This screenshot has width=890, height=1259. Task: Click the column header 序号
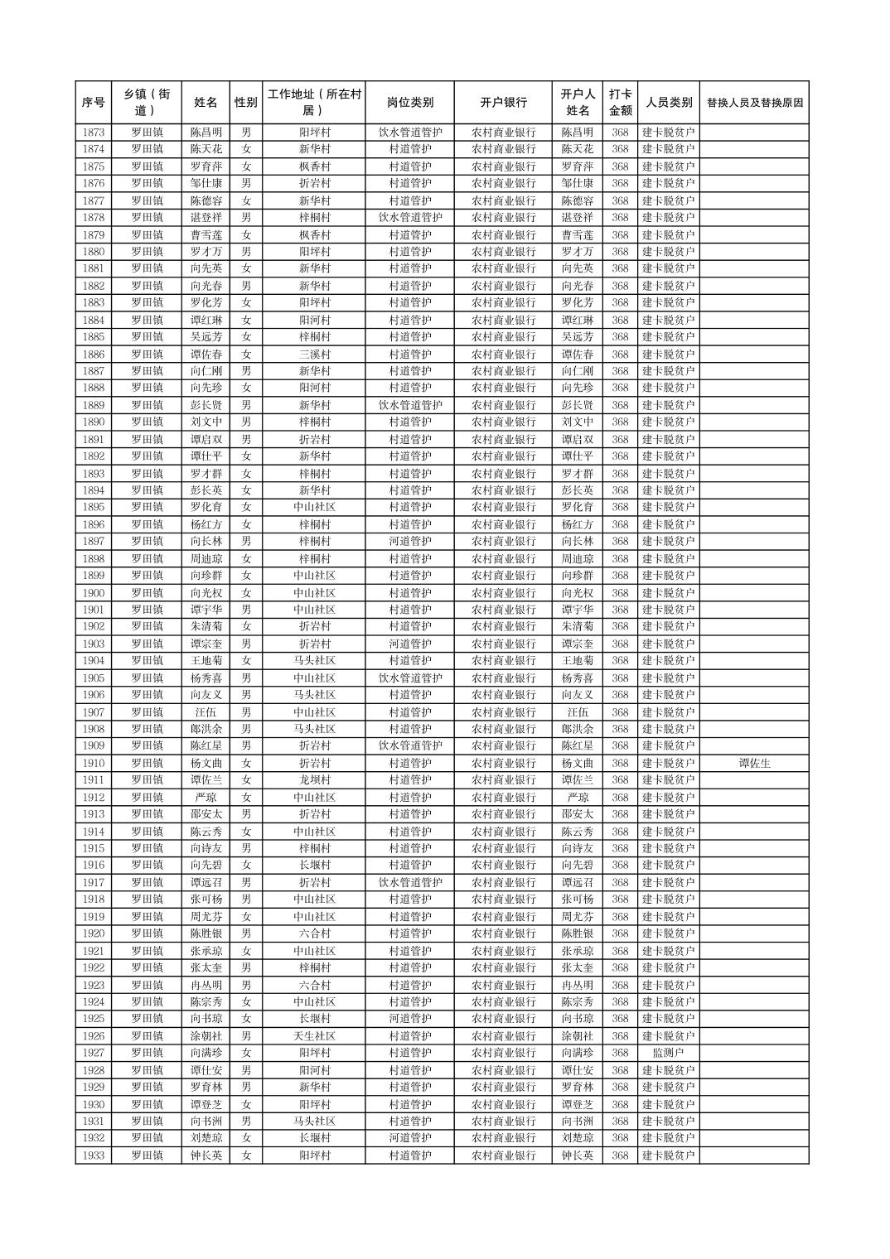point(94,103)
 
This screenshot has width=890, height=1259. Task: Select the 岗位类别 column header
point(409,103)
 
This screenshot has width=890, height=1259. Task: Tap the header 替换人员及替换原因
point(754,103)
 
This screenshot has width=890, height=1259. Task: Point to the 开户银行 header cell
point(503,103)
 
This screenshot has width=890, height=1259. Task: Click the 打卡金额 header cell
point(620,103)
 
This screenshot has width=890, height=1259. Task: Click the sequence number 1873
point(94,133)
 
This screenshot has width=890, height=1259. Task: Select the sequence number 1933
point(94,1155)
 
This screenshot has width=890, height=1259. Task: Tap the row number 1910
point(94,763)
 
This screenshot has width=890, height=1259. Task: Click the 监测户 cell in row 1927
point(668,1053)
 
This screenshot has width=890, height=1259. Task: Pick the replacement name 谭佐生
point(754,763)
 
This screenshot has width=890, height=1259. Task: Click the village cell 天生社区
point(314,1036)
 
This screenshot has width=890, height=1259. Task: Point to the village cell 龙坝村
point(314,780)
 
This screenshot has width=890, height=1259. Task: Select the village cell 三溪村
point(314,354)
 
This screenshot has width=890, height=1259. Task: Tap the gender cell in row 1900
point(245,593)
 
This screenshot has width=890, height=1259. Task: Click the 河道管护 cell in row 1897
point(409,542)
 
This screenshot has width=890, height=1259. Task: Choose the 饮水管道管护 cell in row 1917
point(409,882)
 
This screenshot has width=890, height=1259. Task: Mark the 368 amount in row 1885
point(620,337)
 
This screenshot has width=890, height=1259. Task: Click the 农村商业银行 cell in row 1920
point(503,933)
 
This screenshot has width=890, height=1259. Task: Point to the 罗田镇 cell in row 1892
point(148,456)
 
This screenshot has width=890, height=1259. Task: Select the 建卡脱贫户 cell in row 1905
point(668,678)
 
